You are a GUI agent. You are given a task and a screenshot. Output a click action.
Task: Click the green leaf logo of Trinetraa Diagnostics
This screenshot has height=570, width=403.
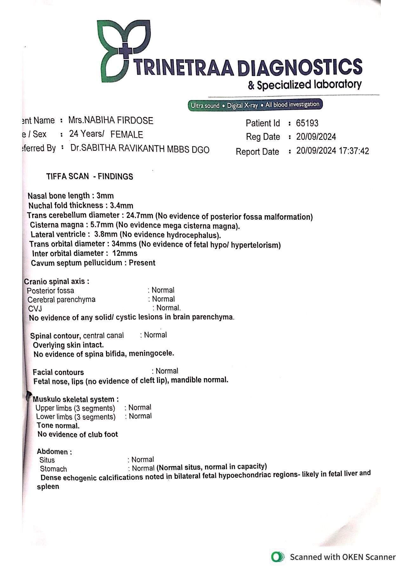[x=124, y=51]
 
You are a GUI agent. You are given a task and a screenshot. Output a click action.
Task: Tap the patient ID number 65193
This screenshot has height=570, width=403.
[x=307, y=123]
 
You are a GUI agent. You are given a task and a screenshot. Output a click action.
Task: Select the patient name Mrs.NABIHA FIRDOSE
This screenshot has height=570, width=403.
[x=111, y=121]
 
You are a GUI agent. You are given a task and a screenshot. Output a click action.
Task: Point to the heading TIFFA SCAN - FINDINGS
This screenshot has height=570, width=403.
[x=89, y=177]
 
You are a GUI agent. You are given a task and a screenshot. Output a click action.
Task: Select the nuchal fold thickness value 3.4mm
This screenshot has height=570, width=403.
[x=122, y=206]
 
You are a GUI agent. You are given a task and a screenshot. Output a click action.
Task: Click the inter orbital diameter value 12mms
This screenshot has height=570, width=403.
[x=125, y=253]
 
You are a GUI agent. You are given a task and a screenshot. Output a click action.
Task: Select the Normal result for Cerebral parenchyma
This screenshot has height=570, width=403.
[x=163, y=299]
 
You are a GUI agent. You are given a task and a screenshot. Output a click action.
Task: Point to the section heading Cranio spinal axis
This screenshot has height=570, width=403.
[x=56, y=282]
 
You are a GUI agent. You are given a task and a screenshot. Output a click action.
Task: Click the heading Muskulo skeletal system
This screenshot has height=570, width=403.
[x=76, y=400]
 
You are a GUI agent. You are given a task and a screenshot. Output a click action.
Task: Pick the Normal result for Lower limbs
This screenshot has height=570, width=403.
[x=140, y=416]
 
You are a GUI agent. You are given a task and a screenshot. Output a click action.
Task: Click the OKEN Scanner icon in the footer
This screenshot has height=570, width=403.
[x=278, y=557]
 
